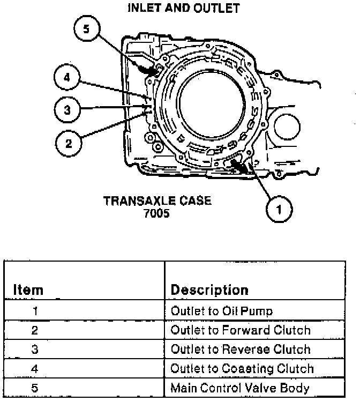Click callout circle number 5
click(x=87, y=28)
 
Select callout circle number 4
click(x=67, y=77)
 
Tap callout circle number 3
click(x=67, y=110)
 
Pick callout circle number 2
click(x=69, y=143)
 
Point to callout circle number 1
click(x=279, y=209)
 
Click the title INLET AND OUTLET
click(x=184, y=8)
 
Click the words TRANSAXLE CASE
click(x=157, y=200)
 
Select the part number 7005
click(x=156, y=213)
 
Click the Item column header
click(x=28, y=290)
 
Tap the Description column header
click(x=209, y=290)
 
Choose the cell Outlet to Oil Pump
click(x=222, y=311)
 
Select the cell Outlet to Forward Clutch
click(x=241, y=330)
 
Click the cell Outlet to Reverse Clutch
click(x=241, y=350)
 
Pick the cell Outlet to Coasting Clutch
click(x=242, y=368)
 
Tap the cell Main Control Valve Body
click(x=240, y=388)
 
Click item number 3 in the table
click(x=35, y=350)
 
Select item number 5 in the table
click(x=35, y=388)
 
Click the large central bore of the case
click(x=212, y=103)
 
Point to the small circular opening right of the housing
click(x=287, y=127)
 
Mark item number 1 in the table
click(x=35, y=311)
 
